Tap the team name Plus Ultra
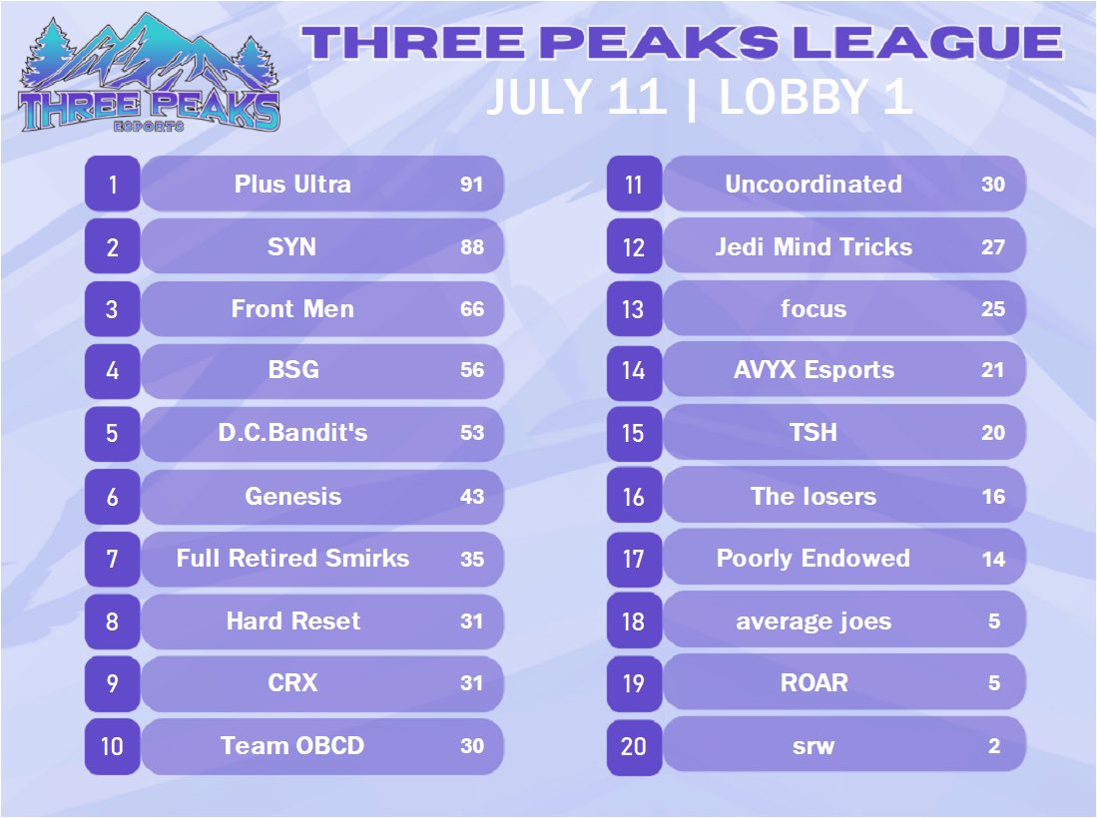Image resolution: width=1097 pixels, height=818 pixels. [x=292, y=185]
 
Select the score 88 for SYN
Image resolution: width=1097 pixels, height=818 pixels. [x=472, y=246]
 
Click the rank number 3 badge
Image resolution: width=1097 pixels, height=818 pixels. [x=112, y=309]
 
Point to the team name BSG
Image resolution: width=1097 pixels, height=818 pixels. [x=292, y=370]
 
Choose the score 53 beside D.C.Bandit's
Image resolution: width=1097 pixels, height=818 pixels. [x=472, y=433]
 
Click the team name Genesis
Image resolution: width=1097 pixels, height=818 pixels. [x=292, y=496]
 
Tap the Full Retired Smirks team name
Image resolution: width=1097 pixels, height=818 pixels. [x=292, y=559]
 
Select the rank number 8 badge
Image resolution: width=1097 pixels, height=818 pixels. [x=112, y=621]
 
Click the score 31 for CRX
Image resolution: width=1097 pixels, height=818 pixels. [x=472, y=683]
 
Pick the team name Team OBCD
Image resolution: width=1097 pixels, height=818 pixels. [x=292, y=745]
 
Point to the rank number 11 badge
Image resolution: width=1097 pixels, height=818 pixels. [x=634, y=185]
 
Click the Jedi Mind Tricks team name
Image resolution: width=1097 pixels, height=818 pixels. [x=814, y=246]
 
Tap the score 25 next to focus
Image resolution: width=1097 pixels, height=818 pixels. [x=993, y=309]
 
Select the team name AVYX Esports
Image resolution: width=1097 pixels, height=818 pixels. [x=814, y=370]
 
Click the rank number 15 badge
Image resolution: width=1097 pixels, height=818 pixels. [x=634, y=433]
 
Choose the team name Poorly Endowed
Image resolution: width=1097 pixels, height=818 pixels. [x=814, y=559]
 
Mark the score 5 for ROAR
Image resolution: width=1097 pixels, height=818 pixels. [x=994, y=683]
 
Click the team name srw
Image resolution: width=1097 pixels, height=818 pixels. [x=814, y=745]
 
